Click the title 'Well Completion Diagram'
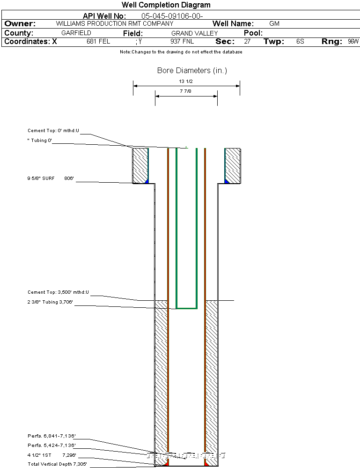pyautogui.click(x=166, y=5)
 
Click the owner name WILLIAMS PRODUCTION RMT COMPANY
pyautogui.click(x=114, y=23)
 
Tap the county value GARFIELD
pyautogui.click(x=76, y=33)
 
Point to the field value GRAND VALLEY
pyautogui.click(x=195, y=33)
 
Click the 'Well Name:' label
pyautogui.click(x=233, y=23)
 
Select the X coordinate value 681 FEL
pyautogui.click(x=98, y=41)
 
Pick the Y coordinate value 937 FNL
pyautogui.click(x=182, y=41)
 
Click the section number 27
pyautogui.click(x=247, y=41)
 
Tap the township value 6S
pyautogui.click(x=300, y=41)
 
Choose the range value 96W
pyautogui.click(x=353, y=41)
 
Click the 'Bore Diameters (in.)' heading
pyautogui.click(x=192, y=71)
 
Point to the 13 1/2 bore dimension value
pyautogui.click(x=186, y=81)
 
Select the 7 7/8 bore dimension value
pyautogui.click(x=186, y=91)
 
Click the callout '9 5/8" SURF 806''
pyautogui.click(x=51, y=178)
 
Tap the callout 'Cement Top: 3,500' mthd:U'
pyautogui.click(x=58, y=292)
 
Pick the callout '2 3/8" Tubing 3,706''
pyautogui.click(x=51, y=302)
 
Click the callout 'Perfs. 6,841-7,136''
pyautogui.click(x=51, y=436)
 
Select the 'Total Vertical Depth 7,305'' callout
pyautogui.click(x=57, y=464)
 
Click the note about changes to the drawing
pyautogui.click(x=181, y=52)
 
